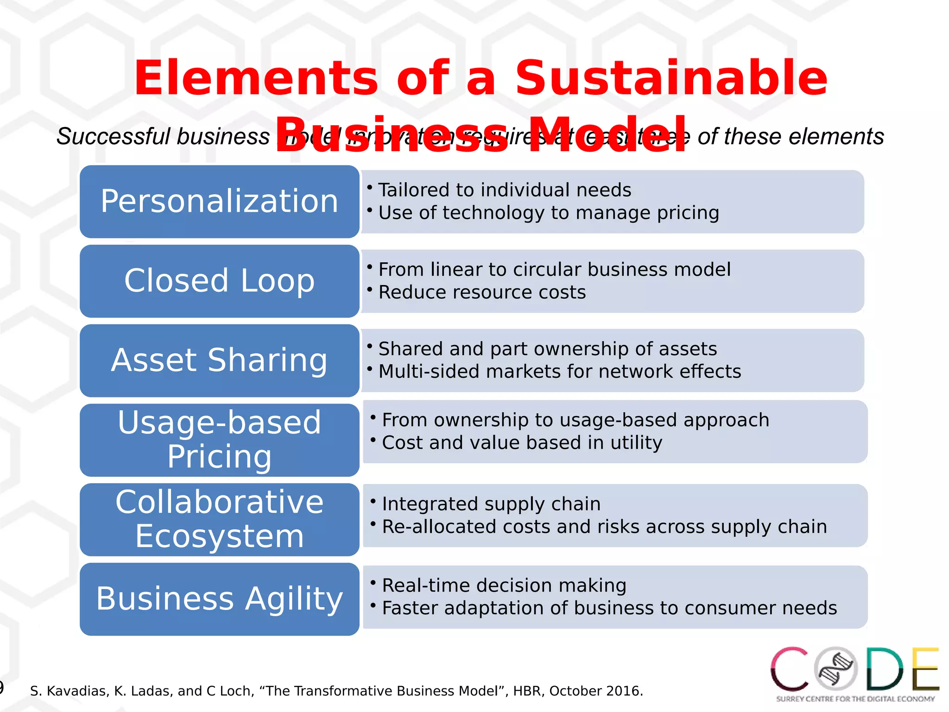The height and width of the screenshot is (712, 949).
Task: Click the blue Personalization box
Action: point(219,202)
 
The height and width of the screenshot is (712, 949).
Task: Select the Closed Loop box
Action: point(219,281)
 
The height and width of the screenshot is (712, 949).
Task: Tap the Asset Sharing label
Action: point(219,360)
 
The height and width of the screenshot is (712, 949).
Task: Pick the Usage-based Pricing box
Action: point(219,440)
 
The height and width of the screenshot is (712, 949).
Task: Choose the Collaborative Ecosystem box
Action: point(219,519)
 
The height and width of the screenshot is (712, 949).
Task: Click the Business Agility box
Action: point(219,599)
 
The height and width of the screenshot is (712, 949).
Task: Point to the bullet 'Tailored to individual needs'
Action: point(504,190)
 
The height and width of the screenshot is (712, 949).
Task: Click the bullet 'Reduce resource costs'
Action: point(482,292)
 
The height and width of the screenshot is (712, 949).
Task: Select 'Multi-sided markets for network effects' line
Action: point(559,372)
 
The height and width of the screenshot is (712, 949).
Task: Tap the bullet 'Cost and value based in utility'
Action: point(522,443)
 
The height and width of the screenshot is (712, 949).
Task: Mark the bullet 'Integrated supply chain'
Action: point(491,504)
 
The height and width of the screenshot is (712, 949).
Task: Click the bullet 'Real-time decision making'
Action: point(504,585)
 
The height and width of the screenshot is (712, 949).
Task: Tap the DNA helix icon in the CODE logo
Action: point(836,669)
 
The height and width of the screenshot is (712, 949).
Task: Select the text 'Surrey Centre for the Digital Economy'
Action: point(855,699)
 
